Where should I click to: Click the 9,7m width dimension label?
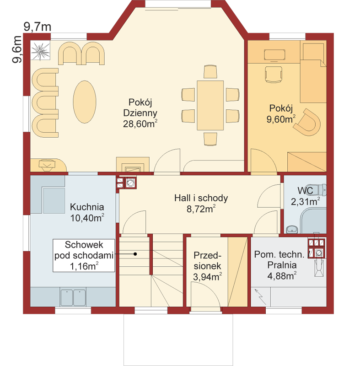[38, 27]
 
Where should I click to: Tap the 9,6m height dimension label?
[17, 49]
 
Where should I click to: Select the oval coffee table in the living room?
[85, 102]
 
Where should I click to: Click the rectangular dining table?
[210, 105]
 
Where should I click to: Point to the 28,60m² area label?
[140, 124]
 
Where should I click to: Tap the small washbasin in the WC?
[292, 229]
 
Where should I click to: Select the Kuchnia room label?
[87, 207]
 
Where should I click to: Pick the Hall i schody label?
[201, 198]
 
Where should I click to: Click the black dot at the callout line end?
[135, 254]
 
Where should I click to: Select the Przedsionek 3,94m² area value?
[207, 277]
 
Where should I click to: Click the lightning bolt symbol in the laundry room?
[260, 296]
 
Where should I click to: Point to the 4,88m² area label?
[282, 276]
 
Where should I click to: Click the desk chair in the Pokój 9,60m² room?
[274, 74]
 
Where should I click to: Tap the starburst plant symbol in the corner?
[40, 51]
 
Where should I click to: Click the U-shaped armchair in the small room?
[307, 122]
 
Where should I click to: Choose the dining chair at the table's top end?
[210, 71]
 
